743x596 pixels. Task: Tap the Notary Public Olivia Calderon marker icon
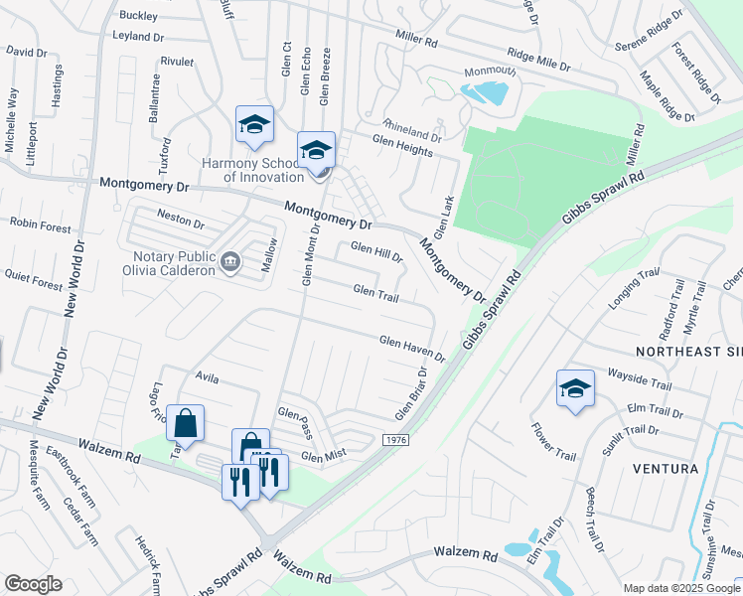click(x=231, y=260)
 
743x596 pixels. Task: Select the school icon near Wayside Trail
click(x=575, y=388)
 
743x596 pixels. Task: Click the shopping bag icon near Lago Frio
click(x=185, y=423)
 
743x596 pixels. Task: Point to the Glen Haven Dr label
click(x=412, y=344)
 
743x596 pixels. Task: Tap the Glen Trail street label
click(x=376, y=292)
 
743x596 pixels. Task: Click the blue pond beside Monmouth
click(x=488, y=93)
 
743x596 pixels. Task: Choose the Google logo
click(x=33, y=584)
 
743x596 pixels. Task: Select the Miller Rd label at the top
click(x=416, y=42)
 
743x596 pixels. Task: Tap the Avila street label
click(x=207, y=378)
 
